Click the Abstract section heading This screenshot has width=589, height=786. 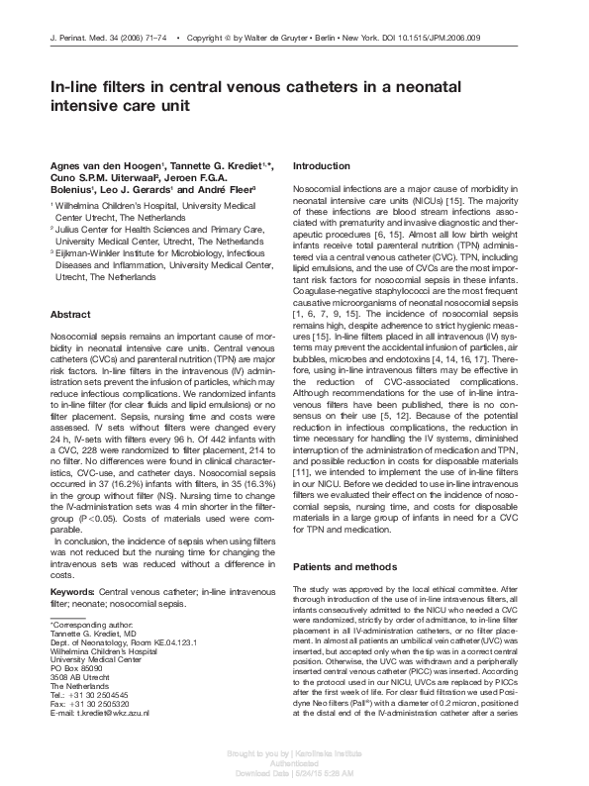(70, 315)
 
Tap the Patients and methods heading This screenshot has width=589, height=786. (345, 567)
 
